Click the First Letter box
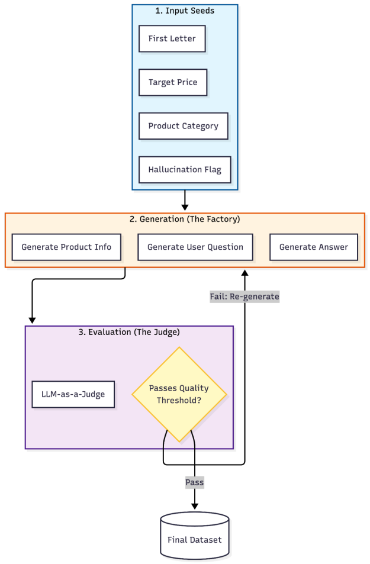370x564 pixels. [x=172, y=39]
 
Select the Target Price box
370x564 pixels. [x=173, y=82]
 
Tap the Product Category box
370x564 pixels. [x=183, y=126]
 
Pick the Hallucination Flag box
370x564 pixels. [x=185, y=170]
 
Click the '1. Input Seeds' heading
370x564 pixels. [x=185, y=11]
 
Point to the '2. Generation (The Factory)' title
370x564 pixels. [x=185, y=219]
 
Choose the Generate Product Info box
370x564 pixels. [x=66, y=247]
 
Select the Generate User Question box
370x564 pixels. [x=195, y=247]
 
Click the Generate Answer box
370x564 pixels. [x=314, y=247]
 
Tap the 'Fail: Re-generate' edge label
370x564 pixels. [x=244, y=296]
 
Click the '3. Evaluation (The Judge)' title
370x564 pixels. [x=129, y=332]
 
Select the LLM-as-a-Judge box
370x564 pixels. [x=73, y=394]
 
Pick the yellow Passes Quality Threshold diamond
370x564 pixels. [x=179, y=394]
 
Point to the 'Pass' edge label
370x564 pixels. [x=194, y=482]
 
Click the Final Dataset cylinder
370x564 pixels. [x=194, y=536]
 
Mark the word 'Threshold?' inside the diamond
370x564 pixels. [x=179, y=401]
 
